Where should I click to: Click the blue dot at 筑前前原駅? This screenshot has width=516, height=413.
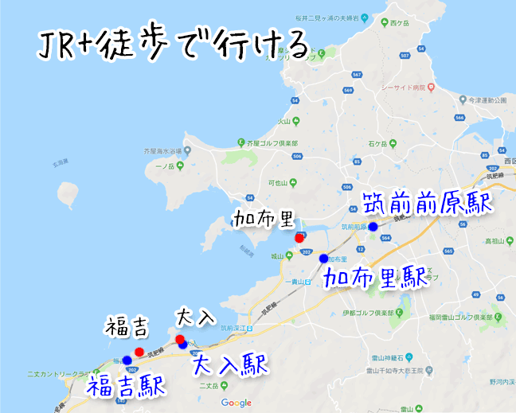(373, 226)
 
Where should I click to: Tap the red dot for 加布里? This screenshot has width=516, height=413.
(299, 237)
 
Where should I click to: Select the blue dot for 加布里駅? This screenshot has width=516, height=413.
(323, 258)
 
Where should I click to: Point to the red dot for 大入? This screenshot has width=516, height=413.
(180, 340)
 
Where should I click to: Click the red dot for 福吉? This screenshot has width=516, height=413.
(139, 351)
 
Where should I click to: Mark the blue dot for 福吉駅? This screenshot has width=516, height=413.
(127, 360)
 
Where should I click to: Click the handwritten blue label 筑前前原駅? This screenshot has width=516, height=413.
(427, 204)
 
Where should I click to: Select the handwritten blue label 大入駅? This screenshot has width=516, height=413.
(230, 364)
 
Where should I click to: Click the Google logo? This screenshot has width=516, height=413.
(236, 403)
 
